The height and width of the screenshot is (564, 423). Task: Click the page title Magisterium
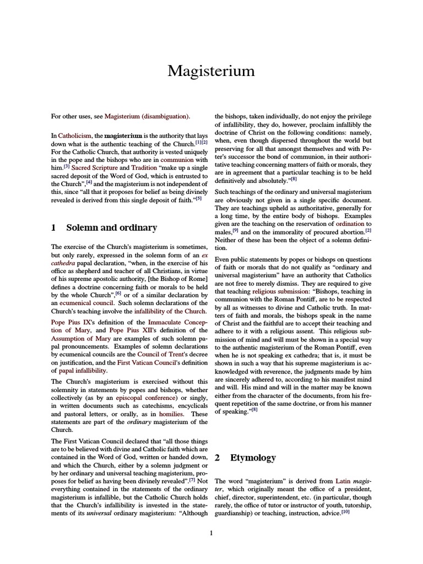[x=211, y=71]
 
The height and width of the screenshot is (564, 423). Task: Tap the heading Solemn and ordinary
[x=111, y=227]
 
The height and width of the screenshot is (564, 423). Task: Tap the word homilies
[x=170, y=414]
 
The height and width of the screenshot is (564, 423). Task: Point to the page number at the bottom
[x=211, y=533]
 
